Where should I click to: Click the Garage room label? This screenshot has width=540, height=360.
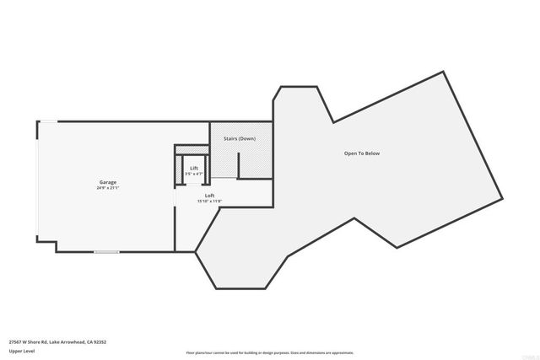click(108, 182)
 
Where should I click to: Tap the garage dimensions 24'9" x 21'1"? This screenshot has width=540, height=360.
click(108, 188)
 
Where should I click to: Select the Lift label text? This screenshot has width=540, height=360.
click(194, 169)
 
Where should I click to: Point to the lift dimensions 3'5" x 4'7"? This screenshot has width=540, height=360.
click(194, 174)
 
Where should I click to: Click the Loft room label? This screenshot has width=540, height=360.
click(210, 196)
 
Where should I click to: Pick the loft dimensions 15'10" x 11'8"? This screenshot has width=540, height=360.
click(210, 201)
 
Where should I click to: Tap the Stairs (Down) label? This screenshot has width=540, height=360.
click(240, 137)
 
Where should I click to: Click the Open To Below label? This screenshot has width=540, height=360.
click(362, 153)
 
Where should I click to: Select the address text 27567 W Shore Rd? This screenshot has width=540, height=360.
click(28, 342)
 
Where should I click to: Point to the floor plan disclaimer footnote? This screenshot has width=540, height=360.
click(269, 352)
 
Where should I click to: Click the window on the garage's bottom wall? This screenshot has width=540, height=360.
click(105, 251)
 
